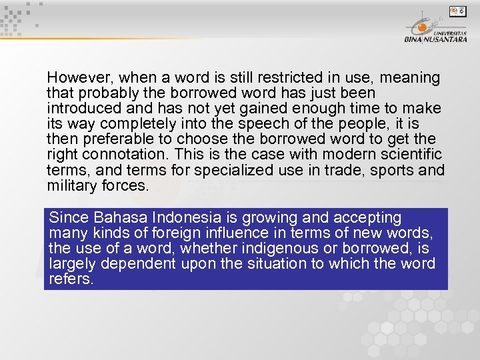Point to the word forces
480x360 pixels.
point(125,185)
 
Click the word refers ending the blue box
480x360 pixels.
point(71,279)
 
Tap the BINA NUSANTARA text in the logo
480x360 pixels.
point(435,39)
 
